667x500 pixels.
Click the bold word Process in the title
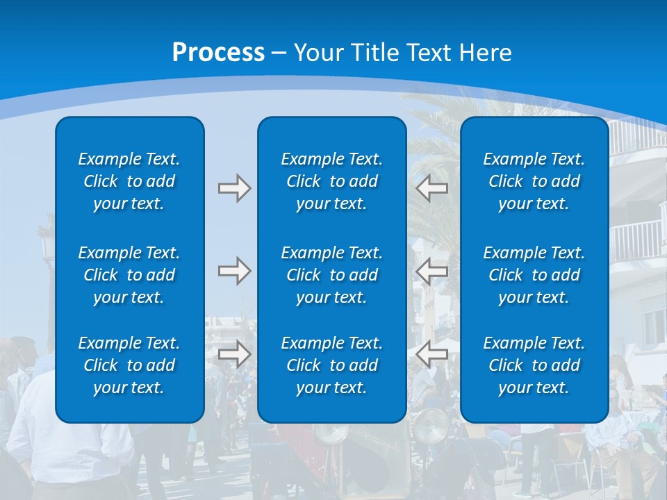point(218,52)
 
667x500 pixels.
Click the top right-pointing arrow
point(234,188)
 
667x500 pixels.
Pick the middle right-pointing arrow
point(234,270)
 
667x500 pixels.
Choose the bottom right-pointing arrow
point(234,353)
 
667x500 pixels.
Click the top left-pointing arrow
point(431,188)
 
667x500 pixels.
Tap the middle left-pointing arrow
point(431,270)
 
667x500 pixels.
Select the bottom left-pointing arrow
point(431,353)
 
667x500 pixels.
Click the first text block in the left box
point(129,181)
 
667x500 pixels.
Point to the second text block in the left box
point(129,275)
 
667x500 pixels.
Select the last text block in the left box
point(129,365)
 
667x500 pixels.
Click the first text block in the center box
point(331,181)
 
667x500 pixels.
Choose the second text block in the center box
point(331,275)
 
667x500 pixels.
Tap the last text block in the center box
point(331,365)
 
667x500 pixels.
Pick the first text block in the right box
point(534,181)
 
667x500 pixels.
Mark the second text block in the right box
point(534,275)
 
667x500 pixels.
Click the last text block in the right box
point(534,365)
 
